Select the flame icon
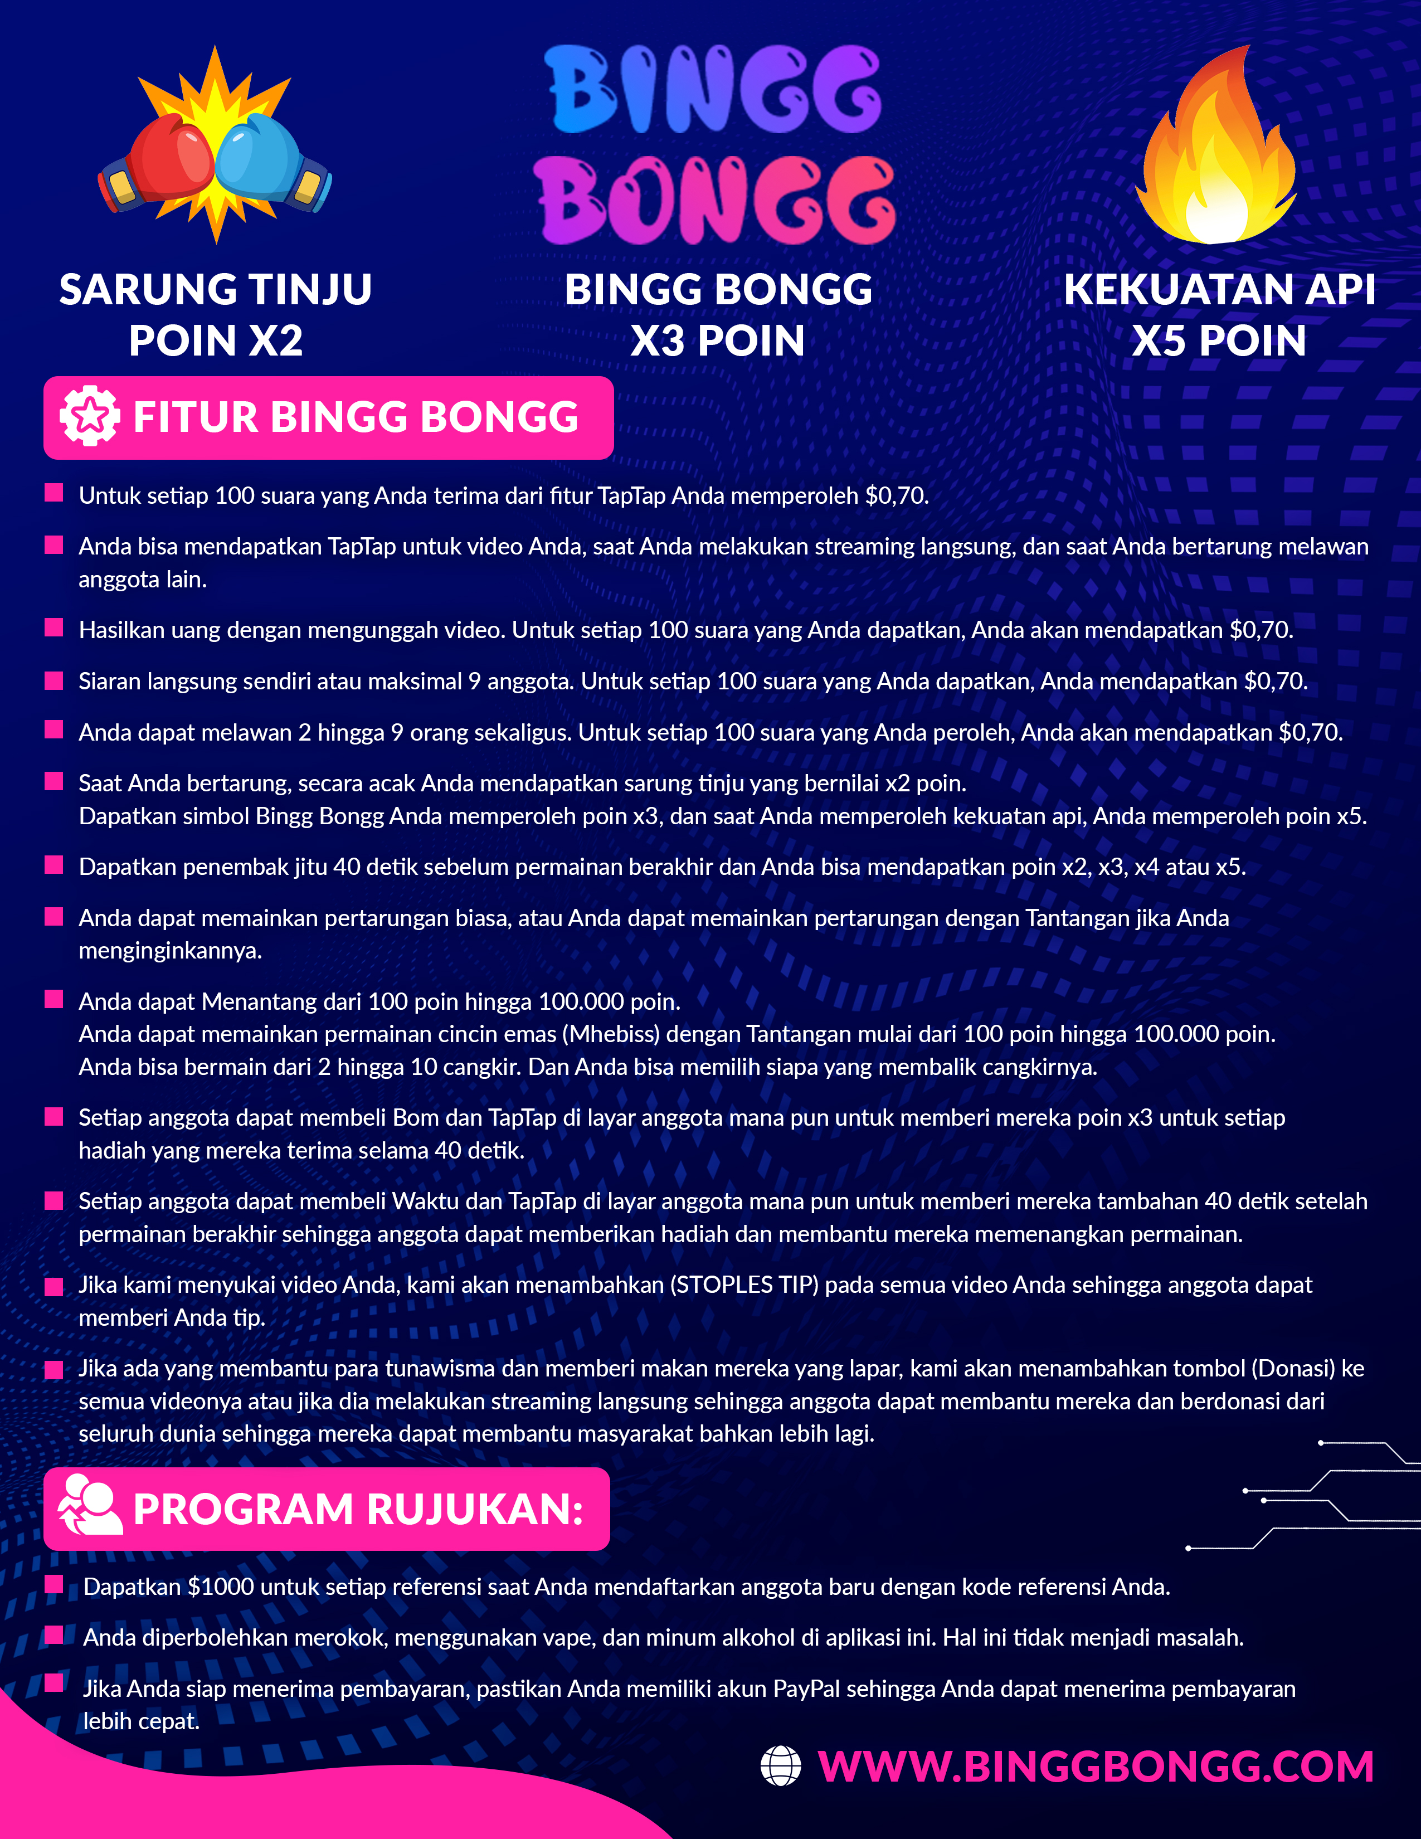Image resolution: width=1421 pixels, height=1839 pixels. click(x=1216, y=152)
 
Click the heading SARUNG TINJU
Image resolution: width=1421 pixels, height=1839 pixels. click(x=216, y=290)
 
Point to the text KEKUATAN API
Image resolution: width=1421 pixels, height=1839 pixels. click(x=1219, y=290)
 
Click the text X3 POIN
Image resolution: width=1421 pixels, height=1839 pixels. click(x=717, y=341)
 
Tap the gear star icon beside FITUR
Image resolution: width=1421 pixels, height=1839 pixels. click(x=89, y=416)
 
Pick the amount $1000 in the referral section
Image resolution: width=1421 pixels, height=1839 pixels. click(x=221, y=1587)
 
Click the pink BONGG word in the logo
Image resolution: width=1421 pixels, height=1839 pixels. click(x=716, y=201)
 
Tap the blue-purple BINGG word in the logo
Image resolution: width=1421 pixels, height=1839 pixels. click(x=714, y=89)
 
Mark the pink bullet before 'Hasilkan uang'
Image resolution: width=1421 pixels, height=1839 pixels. click(x=54, y=627)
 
